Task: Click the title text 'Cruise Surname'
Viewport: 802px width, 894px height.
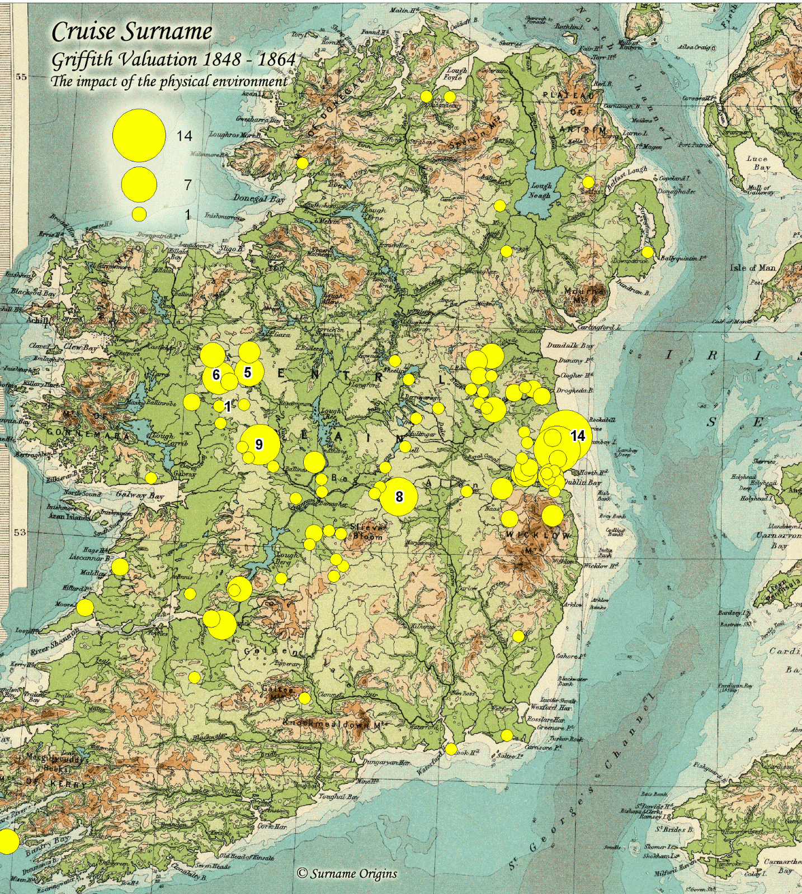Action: [132, 32]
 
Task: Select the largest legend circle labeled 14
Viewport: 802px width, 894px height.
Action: [139, 136]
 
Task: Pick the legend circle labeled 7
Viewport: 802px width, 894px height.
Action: [139, 184]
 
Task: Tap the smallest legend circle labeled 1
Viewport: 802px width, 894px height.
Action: [139, 214]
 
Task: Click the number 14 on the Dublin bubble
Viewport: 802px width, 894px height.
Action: [578, 436]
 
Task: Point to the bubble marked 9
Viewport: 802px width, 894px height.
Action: [260, 445]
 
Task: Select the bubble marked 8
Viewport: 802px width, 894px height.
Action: [399, 497]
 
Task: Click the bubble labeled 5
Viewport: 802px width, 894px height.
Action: [248, 372]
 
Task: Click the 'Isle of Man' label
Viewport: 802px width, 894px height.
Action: [753, 268]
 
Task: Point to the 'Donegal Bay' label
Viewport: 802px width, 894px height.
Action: [259, 199]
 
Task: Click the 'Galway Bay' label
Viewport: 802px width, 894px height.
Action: [140, 494]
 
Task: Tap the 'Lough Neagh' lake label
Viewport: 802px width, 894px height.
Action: [540, 191]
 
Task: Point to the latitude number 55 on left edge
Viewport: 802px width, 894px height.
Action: [21, 77]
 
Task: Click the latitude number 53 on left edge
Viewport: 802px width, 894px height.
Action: [20, 532]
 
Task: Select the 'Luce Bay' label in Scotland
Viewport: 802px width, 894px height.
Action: [758, 163]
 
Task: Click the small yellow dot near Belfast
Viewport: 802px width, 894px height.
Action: [588, 182]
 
